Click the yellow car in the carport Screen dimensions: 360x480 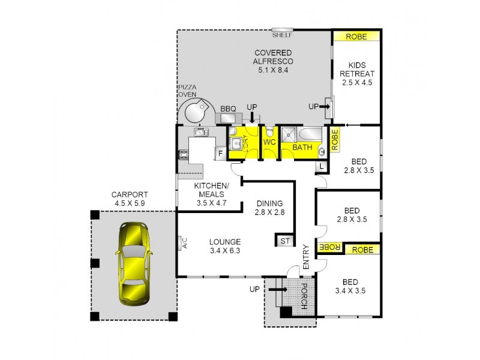(134, 262)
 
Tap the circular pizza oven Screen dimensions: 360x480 (196, 112)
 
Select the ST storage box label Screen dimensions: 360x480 (284, 241)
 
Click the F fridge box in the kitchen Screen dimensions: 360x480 (220, 154)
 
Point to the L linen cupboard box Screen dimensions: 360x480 (322, 166)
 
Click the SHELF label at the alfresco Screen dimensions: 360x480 (281, 34)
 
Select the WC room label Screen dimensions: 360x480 (269, 143)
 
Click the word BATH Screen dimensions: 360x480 (301, 147)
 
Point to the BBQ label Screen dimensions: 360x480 (228, 109)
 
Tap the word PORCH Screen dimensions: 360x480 (304, 296)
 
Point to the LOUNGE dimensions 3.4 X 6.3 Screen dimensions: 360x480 (225, 251)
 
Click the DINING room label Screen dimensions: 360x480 (269, 203)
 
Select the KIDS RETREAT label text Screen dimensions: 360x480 (357, 69)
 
